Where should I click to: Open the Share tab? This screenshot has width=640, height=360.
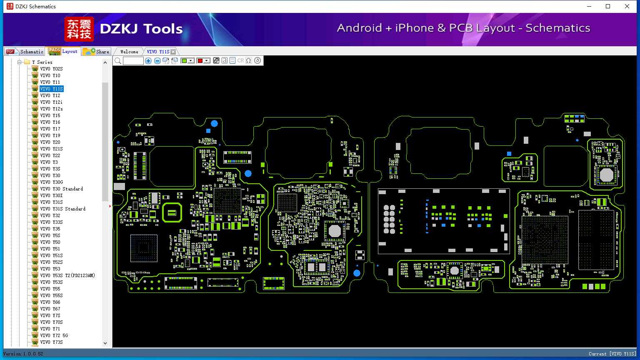(x=97, y=52)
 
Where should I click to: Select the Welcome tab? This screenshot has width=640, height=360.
(x=129, y=52)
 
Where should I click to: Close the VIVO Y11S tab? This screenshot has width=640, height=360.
(x=173, y=52)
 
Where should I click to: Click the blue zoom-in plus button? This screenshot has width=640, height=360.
(x=148, y=61)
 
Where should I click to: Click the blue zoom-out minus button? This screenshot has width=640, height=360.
(x=157, y=61)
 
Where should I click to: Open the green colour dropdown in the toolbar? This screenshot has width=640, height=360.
(x=191, y=61)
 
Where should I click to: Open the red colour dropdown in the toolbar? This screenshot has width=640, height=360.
(x=206, y=61)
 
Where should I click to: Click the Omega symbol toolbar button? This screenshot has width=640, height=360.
(x=249, y=61)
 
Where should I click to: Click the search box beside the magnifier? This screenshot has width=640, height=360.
(x=133, y=61)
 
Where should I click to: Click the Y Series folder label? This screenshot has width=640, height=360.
(x=42, y=62)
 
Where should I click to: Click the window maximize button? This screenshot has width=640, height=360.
(x=608, y=6)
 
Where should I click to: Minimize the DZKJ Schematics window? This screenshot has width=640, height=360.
(x=589, y=6)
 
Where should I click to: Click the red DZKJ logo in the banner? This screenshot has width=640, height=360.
(x=79, y=29)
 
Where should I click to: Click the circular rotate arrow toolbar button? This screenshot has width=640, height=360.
(x=257, y=61)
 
